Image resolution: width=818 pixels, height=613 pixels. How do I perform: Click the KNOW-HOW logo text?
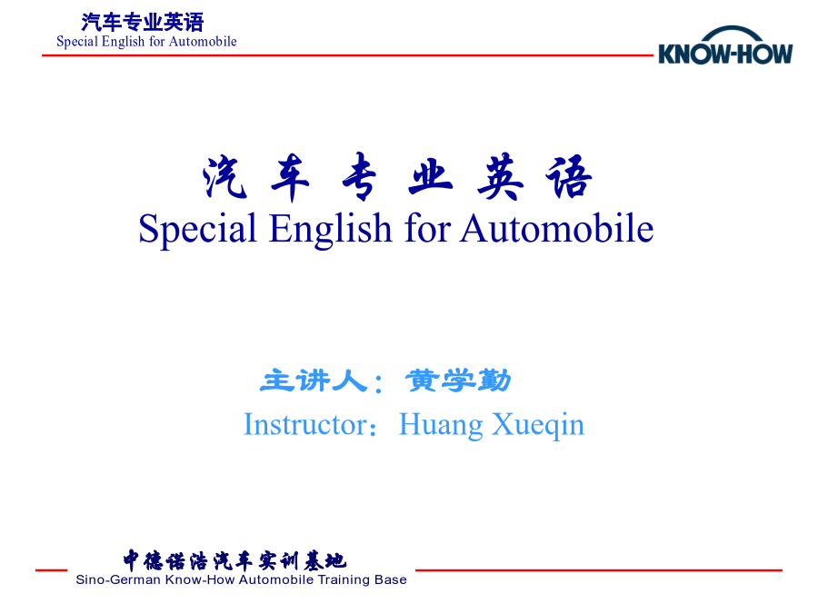point(725,54)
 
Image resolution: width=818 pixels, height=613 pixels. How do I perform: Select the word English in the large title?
point(330,229)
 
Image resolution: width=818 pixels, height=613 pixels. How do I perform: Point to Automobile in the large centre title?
point(556,228)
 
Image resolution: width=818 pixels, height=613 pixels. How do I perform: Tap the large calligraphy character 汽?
point(224,177)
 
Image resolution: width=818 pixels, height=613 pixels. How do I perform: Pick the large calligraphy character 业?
point(431,177)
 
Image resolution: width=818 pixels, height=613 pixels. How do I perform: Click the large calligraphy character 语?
point(569,177)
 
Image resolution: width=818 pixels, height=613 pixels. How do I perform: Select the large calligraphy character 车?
point(291,177)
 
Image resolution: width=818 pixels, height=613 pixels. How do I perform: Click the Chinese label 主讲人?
point(314,381)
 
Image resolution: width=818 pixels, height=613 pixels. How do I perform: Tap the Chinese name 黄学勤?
point(458,381)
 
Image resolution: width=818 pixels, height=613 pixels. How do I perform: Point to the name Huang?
point(440,425)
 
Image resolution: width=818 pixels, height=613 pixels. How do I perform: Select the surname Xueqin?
point(538,425)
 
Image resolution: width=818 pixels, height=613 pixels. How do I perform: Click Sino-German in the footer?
point(118,579)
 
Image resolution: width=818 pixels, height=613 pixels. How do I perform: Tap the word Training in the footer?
point(344,580)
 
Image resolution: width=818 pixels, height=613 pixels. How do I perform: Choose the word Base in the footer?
point(391,579)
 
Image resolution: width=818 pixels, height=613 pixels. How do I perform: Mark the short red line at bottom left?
point(52,570)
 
